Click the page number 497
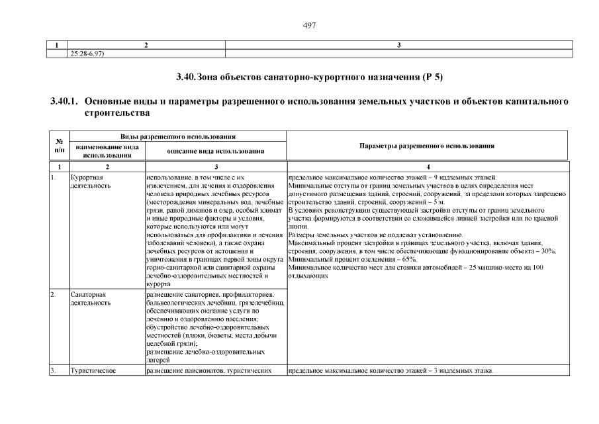pyautogui.click(x=309, y=25)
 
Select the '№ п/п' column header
pyautogui.click(x=59, y=145)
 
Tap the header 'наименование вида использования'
pyautogui.click(x=107, y=151)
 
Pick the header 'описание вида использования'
pyautogui.click(x=214, y=151)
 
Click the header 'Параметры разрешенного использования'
pyautogui.click(x=427, y=145)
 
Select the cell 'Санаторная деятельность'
pyautogui.click(x=91, y=298)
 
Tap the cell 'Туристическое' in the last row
pyautogui.click(x=93, y=370)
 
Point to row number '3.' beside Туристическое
pyautogui.click(x=54, y=370)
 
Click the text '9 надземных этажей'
pyautogui.click(x=466, y=178)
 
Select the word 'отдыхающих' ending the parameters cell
pyautogui.click(x=308, y=275)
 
